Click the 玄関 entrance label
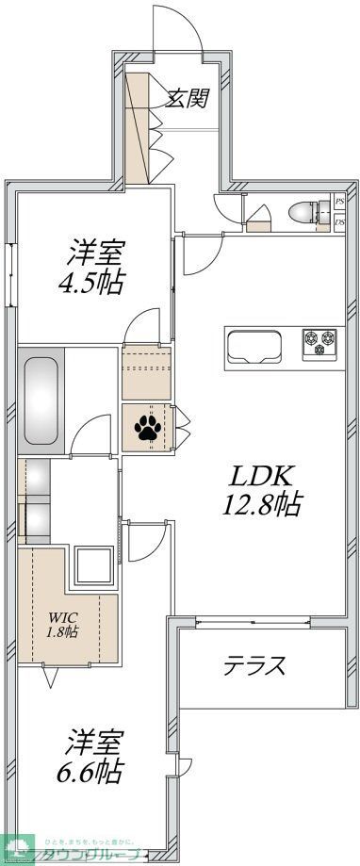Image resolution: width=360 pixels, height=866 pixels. [187, 98]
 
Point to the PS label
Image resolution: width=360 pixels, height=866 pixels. [339, 202]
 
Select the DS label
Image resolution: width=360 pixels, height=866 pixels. [339, 222]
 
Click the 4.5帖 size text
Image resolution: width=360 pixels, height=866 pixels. [95, 282]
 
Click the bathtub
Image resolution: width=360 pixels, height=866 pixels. [41, 401]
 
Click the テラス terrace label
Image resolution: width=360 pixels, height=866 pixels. [254, 666]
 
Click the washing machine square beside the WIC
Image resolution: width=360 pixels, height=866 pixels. [94, 566]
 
